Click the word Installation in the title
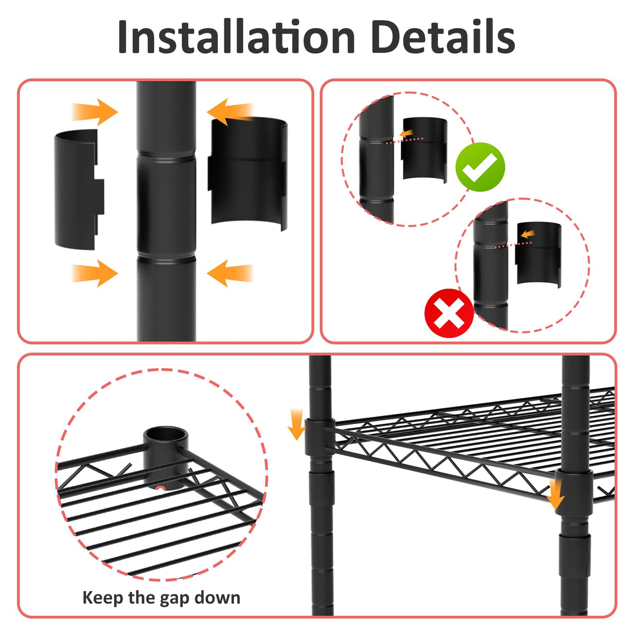[x=236, y=37]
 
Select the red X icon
[x=449, y=313]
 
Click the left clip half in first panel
[x=78, y=189]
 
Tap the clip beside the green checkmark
[x=424, y=150]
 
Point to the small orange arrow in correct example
[x=406, y=134]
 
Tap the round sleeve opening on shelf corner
[x=166, y=435]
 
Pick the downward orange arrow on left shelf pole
[x=296, y=424]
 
